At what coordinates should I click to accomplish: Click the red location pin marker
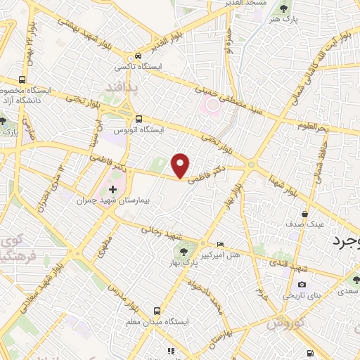(x=181, y=165)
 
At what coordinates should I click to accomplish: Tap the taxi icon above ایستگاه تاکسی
(x=139, y=56)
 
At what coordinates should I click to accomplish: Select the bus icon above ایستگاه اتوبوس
(x=139, y=119)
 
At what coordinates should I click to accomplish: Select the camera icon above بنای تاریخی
(x=302, y=284)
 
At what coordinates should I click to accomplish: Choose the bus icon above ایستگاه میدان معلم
(x=156, y=309)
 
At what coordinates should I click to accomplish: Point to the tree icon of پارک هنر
(x=284, y=8)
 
